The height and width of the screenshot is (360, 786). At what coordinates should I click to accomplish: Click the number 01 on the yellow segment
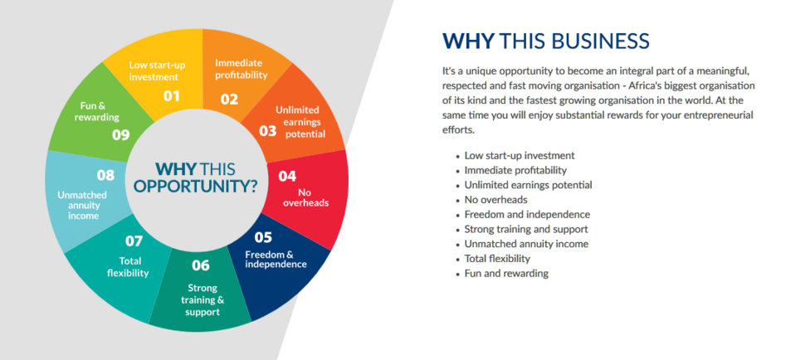click(172, 95)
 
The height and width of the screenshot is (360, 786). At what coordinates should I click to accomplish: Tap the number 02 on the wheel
click(229, 99)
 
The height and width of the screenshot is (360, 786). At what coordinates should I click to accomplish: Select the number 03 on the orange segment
click(268, 131)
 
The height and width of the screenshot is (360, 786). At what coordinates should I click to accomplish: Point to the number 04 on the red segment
click(287, 176)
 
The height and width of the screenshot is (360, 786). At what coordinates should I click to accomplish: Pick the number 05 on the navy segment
click(263, 237)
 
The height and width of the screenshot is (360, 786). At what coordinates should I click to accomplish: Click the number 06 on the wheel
click(201, 265)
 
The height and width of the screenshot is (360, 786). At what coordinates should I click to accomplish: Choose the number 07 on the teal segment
click(134, 241)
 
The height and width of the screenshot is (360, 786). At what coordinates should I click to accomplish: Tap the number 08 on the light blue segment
click(105, 175)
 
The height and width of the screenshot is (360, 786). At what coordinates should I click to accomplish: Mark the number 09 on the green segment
click(121, 134)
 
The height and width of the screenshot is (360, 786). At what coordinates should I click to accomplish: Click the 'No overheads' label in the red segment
click(305, 197)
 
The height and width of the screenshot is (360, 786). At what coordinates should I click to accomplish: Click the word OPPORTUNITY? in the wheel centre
click(197, 187)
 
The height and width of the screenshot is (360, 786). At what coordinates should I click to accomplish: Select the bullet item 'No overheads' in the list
click(496, 200)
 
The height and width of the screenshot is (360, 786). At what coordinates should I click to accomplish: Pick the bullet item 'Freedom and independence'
click(527, 214)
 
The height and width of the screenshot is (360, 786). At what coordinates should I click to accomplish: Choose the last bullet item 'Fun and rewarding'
click(506, 274)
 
